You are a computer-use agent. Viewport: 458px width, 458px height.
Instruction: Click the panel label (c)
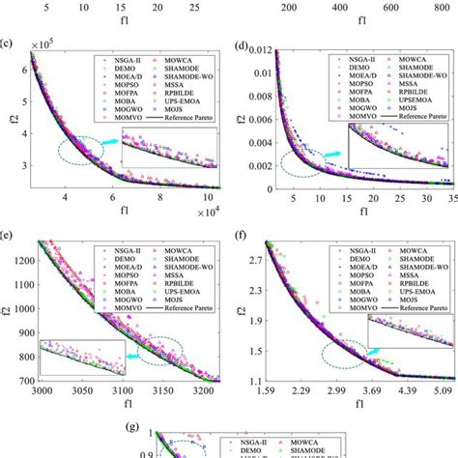(x=7, y=43)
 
